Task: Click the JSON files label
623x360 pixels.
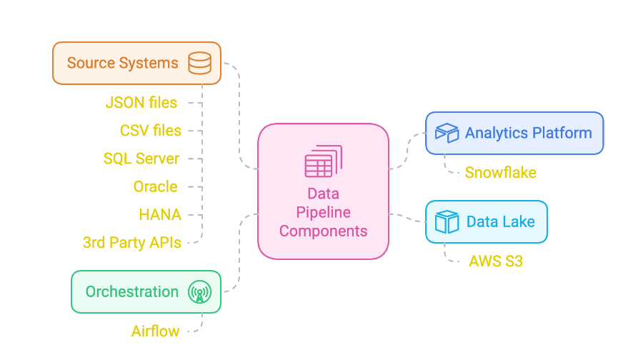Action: click(141, 103)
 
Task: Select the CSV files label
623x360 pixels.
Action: click(151, 131)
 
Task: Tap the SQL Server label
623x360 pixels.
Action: click(141, 159)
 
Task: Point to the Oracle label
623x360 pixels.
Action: click(155, 186)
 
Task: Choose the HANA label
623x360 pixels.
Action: click(160, 214)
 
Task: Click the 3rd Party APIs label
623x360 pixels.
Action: click(132, 242)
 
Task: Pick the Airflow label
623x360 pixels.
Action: click(154, 331)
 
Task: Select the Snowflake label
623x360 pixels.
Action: click(500, 172)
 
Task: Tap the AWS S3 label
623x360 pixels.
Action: click(496, 261)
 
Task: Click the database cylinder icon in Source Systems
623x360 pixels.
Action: click(199, 63)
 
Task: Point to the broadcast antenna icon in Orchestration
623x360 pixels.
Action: click(199, 292)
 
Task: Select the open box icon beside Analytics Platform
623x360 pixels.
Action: click(447, 133)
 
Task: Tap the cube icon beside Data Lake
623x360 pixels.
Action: click(447, 221)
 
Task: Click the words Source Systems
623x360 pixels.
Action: click(123, 63)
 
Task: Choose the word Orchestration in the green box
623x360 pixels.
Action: click(131, 291)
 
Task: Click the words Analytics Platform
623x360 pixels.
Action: click(528, 133)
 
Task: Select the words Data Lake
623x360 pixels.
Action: click(500, 221)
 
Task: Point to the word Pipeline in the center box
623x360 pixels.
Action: click(323, 212)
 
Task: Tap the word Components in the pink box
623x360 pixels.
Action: click(323, 231)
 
